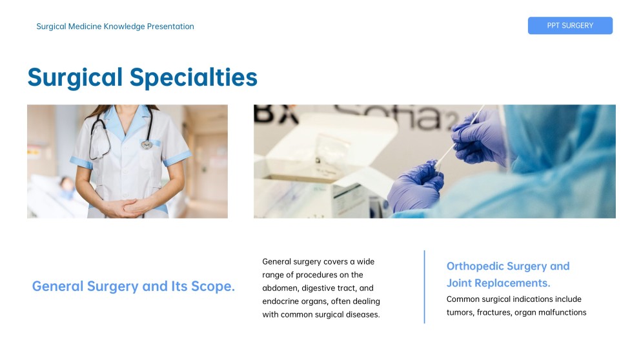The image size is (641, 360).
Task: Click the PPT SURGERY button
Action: tap(570, 26)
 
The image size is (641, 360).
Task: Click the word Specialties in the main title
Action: tap(193, 77)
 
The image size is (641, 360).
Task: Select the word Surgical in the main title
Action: tap(75, 77)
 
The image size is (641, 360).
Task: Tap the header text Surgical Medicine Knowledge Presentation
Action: tap(115, 26)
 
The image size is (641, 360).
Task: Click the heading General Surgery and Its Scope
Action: tap(133, 286)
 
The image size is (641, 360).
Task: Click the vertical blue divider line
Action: tap(424, 286)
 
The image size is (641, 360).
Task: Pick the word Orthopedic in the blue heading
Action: tap(474, 266)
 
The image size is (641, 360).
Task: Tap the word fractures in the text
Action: tap(498, 312)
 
